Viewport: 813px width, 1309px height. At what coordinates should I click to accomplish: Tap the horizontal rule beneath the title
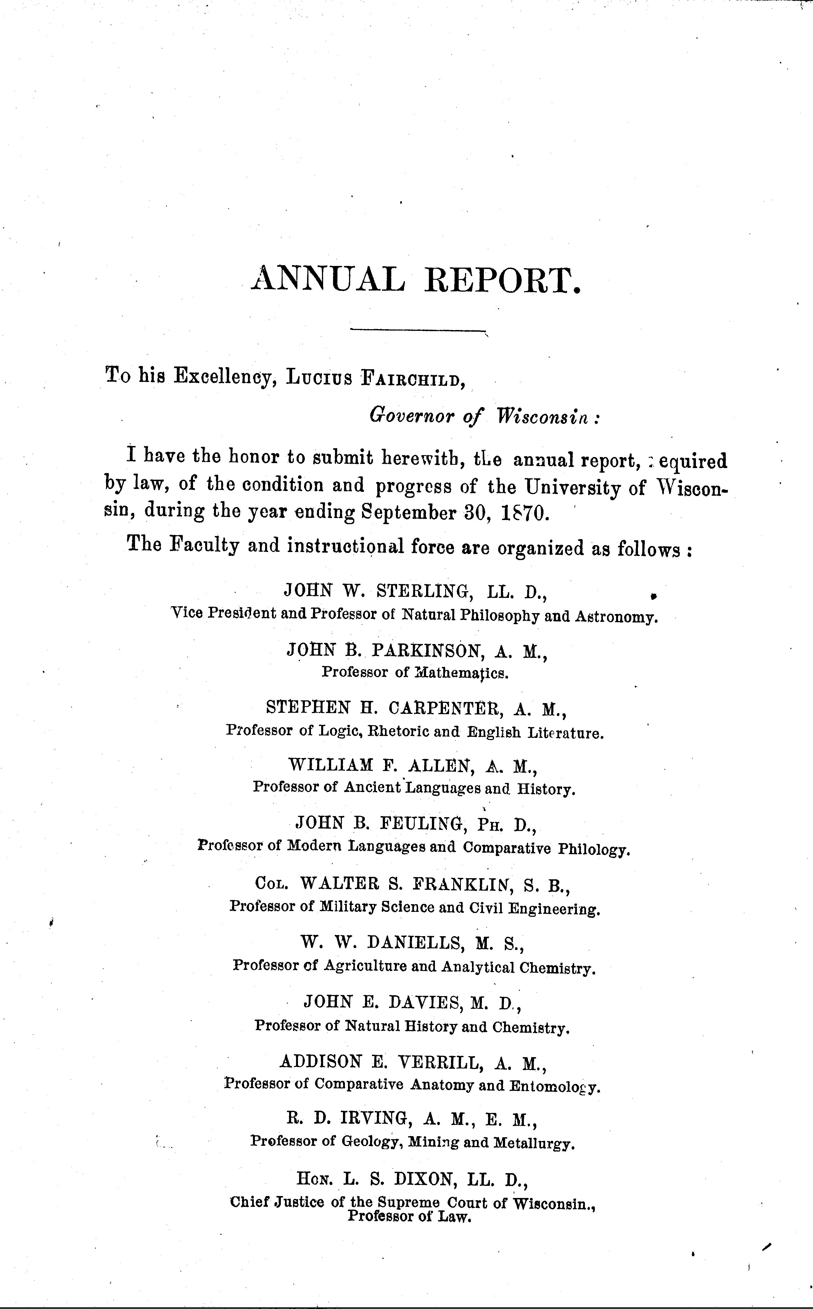click(417, 329)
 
